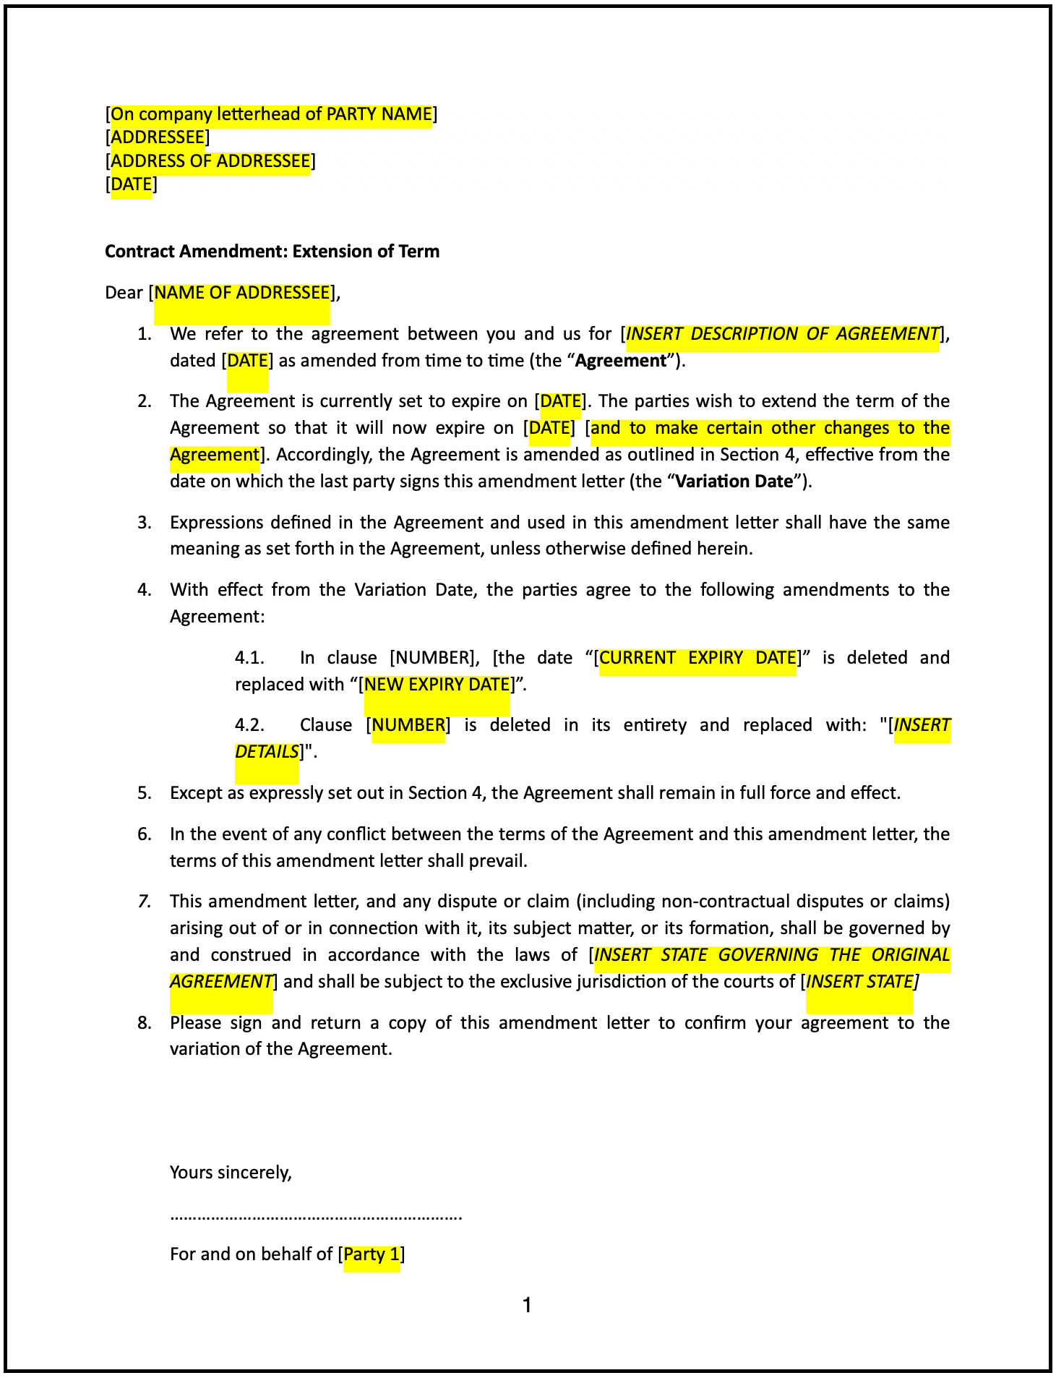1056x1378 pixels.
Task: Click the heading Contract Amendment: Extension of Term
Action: (272, 251)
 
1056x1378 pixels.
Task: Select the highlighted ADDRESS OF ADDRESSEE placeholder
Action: (210, 161)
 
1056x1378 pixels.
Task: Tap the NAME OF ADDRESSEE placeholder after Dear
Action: (242, 293)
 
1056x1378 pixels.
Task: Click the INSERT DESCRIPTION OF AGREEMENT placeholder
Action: (782, 334)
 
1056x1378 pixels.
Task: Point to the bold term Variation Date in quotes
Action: (734, 482)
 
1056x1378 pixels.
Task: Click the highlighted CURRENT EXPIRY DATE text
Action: (697, 658)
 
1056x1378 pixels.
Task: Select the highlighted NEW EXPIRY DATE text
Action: (437, 684)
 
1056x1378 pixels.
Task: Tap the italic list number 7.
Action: (145, 902)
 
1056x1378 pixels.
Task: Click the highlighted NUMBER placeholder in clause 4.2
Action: (408, 725)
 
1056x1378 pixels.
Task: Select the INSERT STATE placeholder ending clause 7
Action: (859, 982)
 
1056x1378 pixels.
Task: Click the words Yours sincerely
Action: (231, 1172)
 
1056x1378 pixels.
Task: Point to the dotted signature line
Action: (316, 1216)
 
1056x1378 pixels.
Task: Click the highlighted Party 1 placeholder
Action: (372, 1254)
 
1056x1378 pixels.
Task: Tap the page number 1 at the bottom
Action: (527, 1305)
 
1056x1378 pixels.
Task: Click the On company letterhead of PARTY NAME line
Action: (271, 114)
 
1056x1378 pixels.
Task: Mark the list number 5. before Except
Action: (145, 793)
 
